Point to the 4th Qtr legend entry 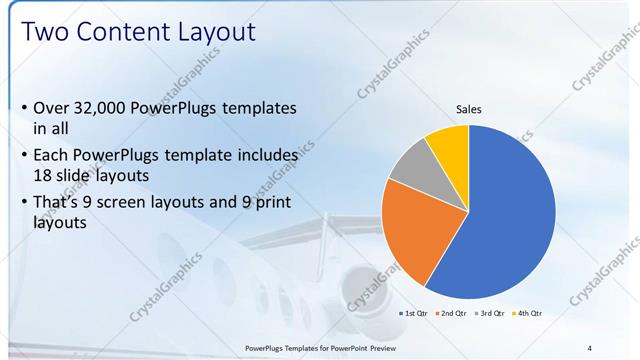pyautogui.click(x=528, y=314)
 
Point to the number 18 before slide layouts pyautogui.click(x=46, y=174)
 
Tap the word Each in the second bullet pyautogui.click(x=54, y=156)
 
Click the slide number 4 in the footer pyautogui.click(x=589, y=347)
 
